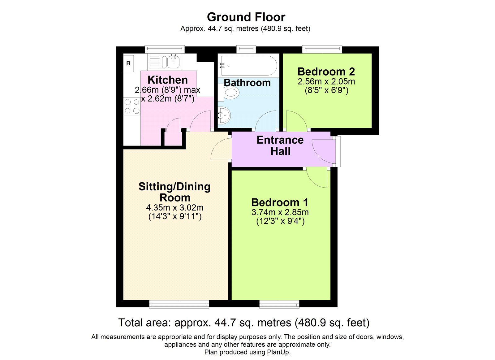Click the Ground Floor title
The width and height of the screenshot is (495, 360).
coord(246,17)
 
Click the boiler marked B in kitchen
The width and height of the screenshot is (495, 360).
coord(128,63)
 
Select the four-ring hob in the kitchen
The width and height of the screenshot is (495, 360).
coord(132,106)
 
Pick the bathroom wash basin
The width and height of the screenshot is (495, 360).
coord(224,115)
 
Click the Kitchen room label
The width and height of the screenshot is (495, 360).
coord(168,80)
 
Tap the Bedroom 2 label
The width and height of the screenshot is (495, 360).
coord(326,72)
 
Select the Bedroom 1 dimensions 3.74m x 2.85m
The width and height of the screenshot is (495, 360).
coord(280,212)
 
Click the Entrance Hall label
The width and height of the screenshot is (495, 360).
coord(280,145)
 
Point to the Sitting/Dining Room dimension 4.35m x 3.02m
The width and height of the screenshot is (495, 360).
coord(175,208)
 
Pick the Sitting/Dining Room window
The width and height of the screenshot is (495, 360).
coord(179,304)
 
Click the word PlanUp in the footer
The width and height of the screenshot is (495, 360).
coord(278,352)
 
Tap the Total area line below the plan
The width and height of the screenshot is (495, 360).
coord(244,323)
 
